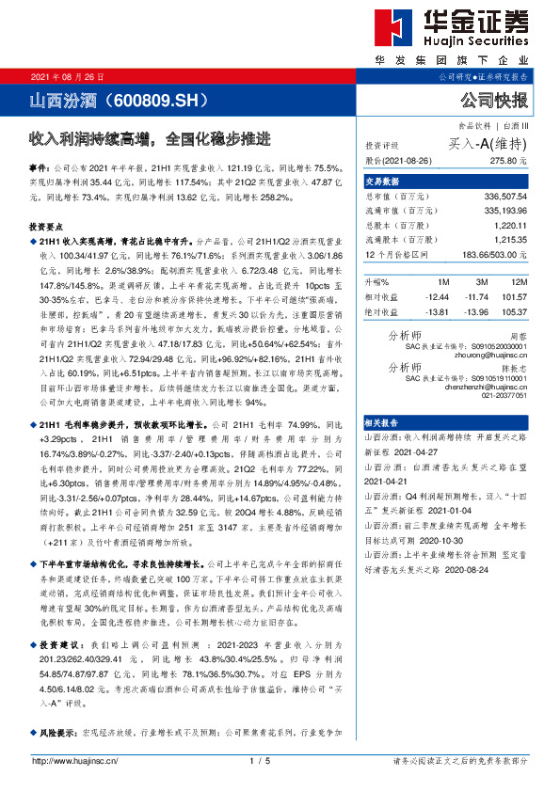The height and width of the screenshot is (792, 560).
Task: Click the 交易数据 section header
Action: [x=383, y=182]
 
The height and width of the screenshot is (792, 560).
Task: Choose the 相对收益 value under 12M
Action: [x=514, y=295]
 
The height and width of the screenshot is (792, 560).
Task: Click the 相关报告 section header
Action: [x=383, y=424]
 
